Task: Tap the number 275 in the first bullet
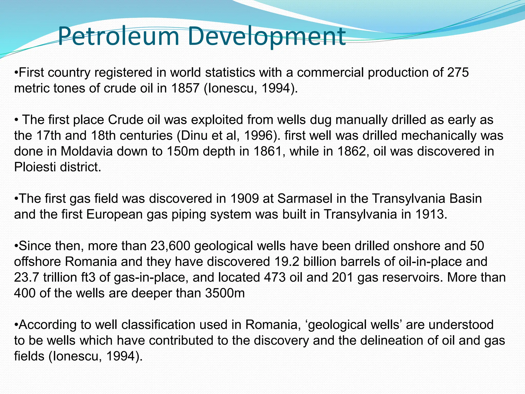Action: coord(458,73)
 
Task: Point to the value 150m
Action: coord(181,151)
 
